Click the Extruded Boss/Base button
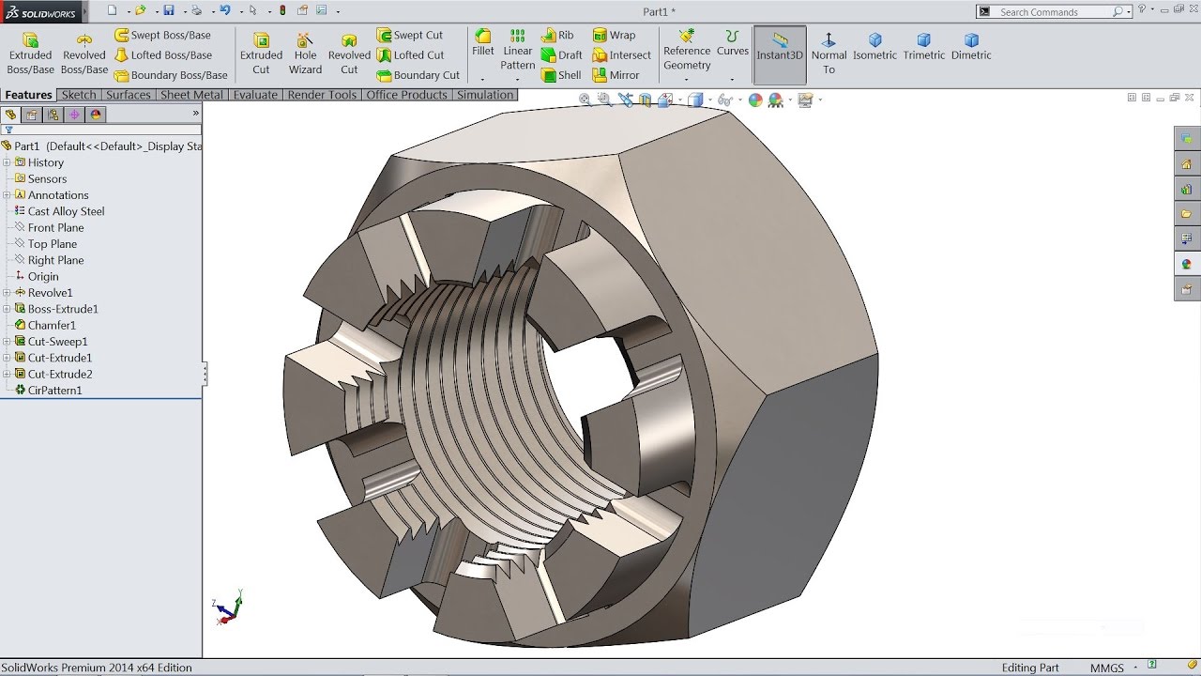tap(30, 54)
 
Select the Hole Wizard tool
tap(305, 54)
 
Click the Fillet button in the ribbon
tap(483, 43)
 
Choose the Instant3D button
tap(780, 54)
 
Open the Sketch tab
tap(79, 95)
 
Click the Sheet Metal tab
tap(191, 95)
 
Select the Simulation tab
tap(484, 95)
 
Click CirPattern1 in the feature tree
tap(54, 391)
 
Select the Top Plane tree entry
tap(52, 244)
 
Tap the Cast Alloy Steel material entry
tap(66, 211)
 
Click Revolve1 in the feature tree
tap(50, 293)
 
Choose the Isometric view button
tap(874, 47)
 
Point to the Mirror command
tap(616, 75)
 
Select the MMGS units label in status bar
tap(1106, 668)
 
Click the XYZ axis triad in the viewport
tap(227, 608)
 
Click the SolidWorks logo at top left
tap(41, 11)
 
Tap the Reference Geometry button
tap(687, 51)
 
